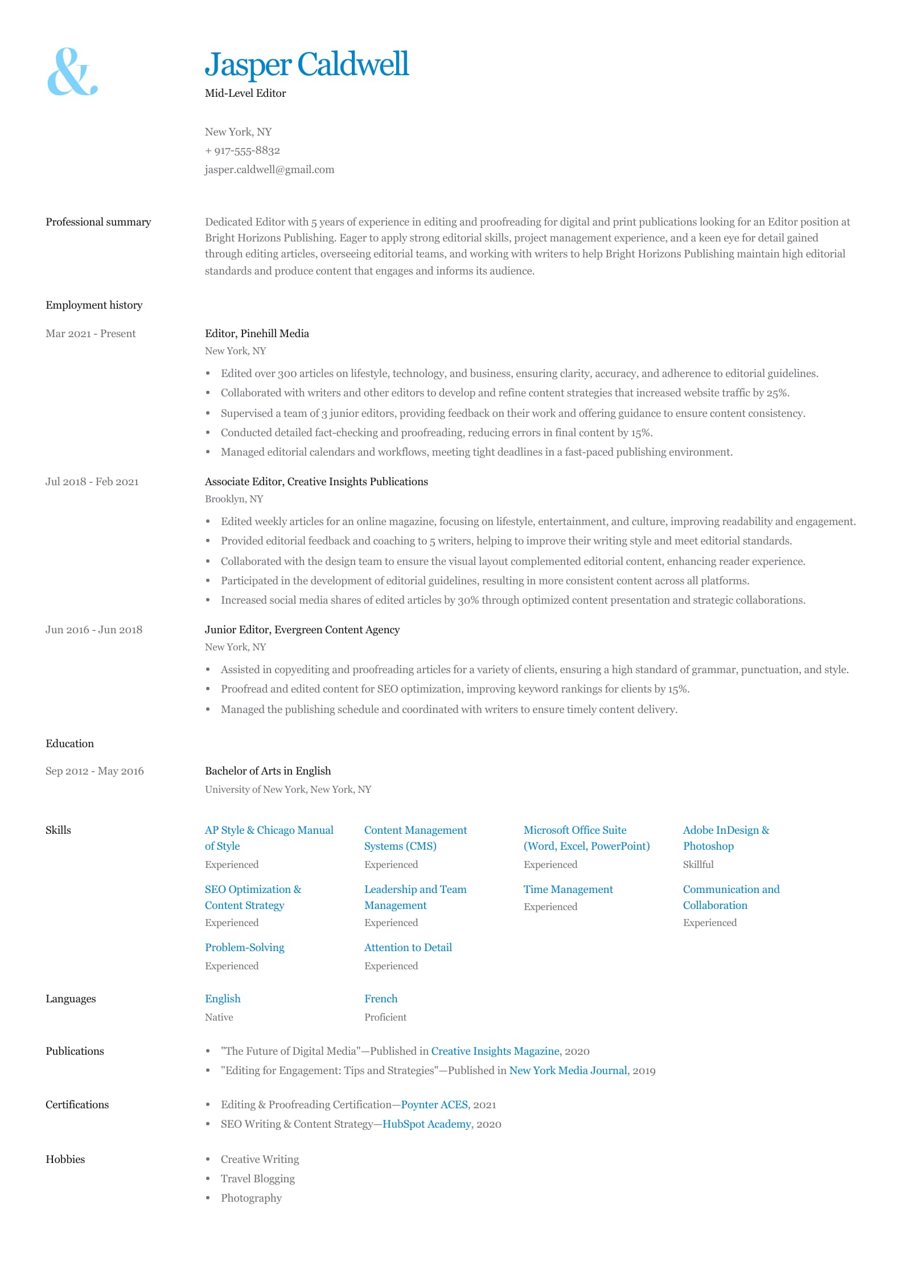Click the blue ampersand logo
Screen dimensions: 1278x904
[x=72, y=72]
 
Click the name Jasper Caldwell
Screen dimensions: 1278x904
[x=306, y=64]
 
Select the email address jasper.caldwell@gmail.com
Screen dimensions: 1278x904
[x=269, y=170]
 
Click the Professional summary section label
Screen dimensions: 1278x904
[x=98, y=222]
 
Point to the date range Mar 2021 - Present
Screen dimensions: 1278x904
[x=91, y=334]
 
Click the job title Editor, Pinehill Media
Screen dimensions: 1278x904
[x=257, y=334]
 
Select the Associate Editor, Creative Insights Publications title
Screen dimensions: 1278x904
[x=316, y=482]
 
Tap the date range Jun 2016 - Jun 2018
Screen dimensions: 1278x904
[x=94, y=630]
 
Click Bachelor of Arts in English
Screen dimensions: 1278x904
[x=268, y=771]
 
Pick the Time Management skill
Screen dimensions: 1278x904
[x=568, y=890]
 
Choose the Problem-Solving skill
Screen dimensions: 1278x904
[x=244, y=948]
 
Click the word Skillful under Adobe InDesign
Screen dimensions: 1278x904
[x=698, y=865]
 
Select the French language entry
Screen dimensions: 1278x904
[x=381, y=999]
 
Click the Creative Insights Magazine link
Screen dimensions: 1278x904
[x=495, y=1051]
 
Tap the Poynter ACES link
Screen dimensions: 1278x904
[x=434, y=1105]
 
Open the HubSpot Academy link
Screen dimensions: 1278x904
[x=426, y=1124]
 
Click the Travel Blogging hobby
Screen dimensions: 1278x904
[x=257, y=1179]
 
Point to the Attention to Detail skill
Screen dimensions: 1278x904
[x=408, y=948]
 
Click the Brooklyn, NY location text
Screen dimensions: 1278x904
[x=234, y=499]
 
